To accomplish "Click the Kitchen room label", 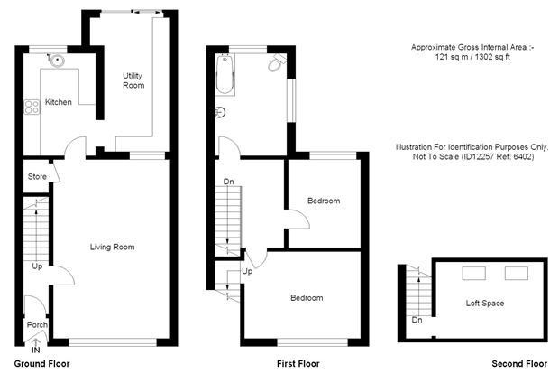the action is [x=58, y=102].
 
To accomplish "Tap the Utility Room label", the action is [x=133, y=80].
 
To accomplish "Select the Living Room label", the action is [x=113, y=247].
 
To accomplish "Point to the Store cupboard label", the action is [x=37, y=176].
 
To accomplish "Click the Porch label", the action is [x=37, y=324].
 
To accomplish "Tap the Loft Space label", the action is [x=485, y=304].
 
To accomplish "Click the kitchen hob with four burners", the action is [x=32, y=107].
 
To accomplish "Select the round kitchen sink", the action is [x=58, y=61].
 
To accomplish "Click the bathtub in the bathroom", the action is [x=225, y=74].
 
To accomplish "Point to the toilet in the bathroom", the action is [x=277, y=63].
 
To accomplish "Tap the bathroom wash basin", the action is [x=220, y=113].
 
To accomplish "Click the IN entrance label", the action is [x=36, y=351].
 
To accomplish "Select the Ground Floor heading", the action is [x=41, y=364].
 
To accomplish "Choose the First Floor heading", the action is [x=298, y=364].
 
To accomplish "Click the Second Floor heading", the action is [x=519, y=364].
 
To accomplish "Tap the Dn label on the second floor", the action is [x=417, y=320].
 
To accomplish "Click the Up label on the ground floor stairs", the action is [x=37, y=266].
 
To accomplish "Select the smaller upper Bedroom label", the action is [x=324, y=201].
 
